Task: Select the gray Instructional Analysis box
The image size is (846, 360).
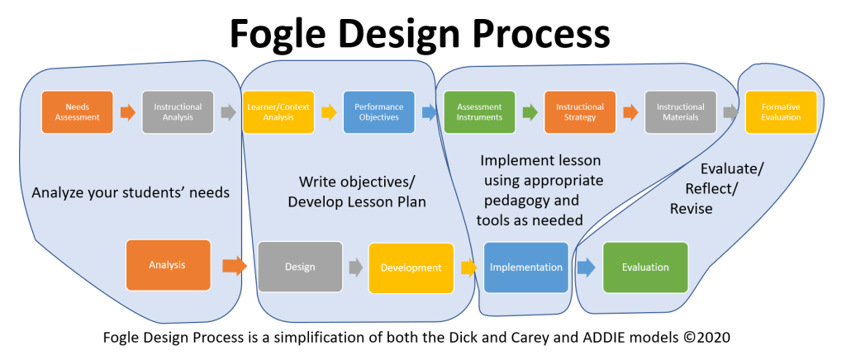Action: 178,112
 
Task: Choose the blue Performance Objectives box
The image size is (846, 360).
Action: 378,112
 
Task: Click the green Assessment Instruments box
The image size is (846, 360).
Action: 479,112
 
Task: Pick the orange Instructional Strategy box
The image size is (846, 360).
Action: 579,112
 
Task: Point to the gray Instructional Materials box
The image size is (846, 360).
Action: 680,112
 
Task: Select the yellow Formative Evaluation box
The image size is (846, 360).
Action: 781,112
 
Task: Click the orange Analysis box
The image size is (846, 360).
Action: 168,265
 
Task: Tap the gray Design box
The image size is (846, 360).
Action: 300,267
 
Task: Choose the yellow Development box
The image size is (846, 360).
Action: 411,268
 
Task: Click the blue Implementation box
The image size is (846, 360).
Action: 526,267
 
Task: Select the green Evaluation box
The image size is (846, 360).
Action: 645,267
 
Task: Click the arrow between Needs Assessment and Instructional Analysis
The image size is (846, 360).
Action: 127,113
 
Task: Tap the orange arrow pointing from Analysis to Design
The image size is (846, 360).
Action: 235,266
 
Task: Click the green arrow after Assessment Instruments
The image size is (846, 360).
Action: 530,113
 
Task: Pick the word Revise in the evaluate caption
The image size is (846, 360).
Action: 691,210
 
